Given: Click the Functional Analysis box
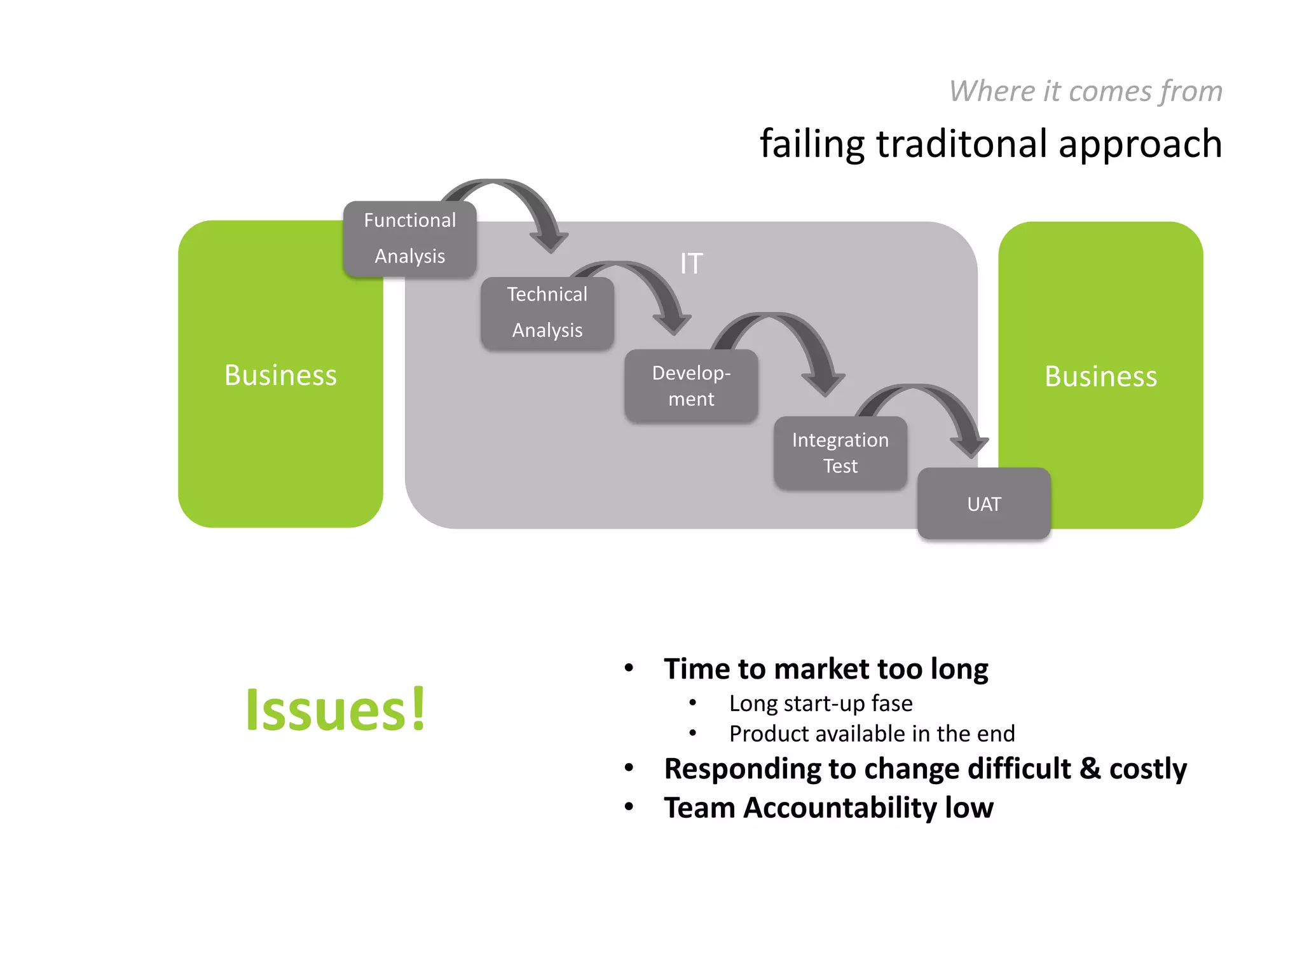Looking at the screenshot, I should coord(410,239).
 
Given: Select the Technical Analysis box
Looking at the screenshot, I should coord(547,313).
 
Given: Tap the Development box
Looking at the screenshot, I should coord(691,386).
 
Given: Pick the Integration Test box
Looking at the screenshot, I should coord(840,452).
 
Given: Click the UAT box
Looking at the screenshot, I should coord(983,504).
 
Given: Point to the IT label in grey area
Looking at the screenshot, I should coord(691,264).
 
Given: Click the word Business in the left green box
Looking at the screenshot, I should coord(280,375).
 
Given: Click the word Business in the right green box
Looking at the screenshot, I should coord(1100,376).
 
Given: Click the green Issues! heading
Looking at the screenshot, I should coord(335,710).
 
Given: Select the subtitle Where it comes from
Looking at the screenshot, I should coord(1085,91).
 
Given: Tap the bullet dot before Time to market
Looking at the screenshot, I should coord(629,668).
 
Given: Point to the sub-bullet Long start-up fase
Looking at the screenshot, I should coord(820,703).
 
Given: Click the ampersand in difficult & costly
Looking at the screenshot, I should coord(1090,768).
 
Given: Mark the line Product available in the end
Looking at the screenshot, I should coord(872,734).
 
